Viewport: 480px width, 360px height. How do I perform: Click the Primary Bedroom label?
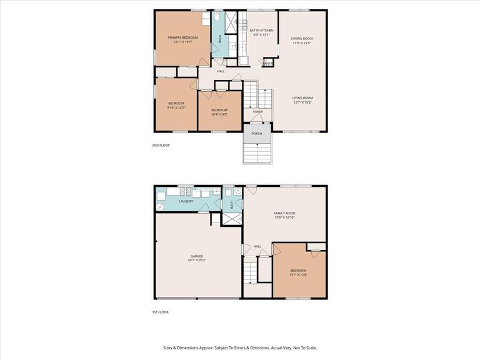click(183, 37)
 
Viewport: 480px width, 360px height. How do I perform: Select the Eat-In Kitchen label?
click(262, 30)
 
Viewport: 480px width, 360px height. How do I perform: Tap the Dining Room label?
click(302, 39)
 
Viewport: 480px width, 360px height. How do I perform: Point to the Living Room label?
click(302, 97)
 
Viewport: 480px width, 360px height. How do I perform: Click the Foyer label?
click(257, 112)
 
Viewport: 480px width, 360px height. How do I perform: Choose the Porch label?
click(256, 133)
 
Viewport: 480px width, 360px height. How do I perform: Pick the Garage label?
click(197, 256)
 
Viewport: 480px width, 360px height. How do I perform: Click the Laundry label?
click(186, 201)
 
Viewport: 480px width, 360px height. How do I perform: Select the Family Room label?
click(284, 213)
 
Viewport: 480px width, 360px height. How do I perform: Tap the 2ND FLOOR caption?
click(160, 145)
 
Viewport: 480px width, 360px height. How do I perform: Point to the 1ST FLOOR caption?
click(160, 312)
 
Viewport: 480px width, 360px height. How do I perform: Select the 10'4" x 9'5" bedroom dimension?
click(219, 114)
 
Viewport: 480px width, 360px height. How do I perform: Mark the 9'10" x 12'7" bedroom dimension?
click(176, 107)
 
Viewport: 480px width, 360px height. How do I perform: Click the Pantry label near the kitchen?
click(267, 63)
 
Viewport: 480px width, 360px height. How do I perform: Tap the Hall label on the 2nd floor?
click(221, 71)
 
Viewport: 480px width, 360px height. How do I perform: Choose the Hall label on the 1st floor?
click(257, 246)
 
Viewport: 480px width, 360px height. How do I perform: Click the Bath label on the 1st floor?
click(231, 204)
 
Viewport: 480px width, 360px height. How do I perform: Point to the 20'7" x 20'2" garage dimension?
click(197, 259)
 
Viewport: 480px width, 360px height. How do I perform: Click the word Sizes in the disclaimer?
click(169, 347)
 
